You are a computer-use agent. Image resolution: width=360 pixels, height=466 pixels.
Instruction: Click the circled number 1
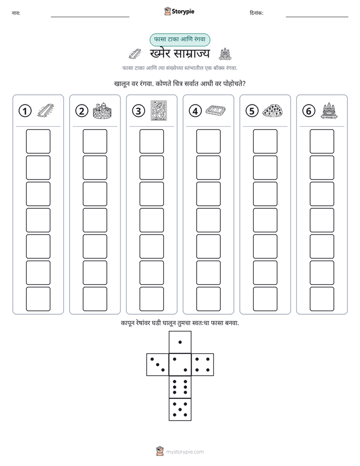[x=25, y=111]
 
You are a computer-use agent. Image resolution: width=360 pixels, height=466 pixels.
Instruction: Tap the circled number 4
[x=195, y=111]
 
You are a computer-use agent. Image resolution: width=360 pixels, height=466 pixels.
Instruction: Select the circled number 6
[x=309, y=111]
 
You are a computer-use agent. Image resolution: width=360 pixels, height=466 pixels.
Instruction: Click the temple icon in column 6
[x=329, y=111]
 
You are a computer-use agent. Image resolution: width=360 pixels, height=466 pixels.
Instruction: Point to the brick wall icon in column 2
[x=102, y=111]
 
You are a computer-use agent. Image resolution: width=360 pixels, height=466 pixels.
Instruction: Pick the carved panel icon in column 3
[x=159, y=110]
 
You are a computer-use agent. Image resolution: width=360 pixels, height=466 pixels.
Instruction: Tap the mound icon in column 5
[x=272, y=111]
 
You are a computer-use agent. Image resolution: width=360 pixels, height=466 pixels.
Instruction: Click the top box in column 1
[x=38, y=141]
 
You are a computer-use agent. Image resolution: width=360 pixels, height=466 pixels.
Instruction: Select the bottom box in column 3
[x=151, y=299]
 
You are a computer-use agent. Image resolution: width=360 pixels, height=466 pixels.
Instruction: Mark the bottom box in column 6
[x=322, y=299]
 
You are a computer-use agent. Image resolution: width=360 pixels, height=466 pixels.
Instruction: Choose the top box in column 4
[x=208, y=141]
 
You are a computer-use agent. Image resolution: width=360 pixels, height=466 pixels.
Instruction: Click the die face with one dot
[x=180, y=342]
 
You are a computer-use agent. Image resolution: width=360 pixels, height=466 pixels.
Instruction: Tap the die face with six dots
[x=180, y=387]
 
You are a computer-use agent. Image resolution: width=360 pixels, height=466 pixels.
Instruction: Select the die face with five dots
[x=180, y=410]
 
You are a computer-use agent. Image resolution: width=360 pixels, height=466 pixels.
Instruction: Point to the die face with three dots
[x=158, y=364]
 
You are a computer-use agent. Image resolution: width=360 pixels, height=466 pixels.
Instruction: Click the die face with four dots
[x=203, y=364]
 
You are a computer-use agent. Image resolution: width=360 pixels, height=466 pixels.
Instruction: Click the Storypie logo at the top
[x=179, y=11]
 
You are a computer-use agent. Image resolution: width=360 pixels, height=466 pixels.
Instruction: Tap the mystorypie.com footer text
[x=185, y=452]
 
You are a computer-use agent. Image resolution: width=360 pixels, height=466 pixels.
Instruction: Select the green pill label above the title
[x=179, y=39]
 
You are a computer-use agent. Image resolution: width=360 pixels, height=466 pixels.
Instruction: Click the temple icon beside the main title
[x=225, y=54]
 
